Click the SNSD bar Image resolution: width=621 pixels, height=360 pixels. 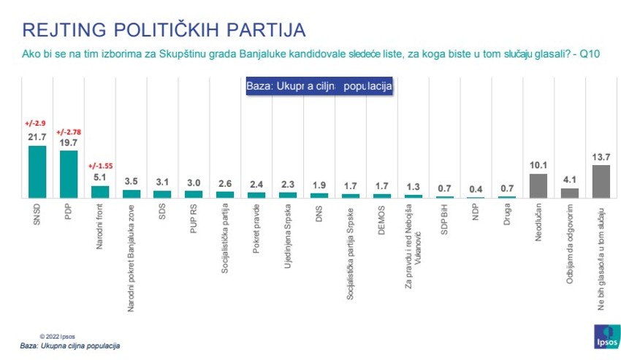point(37,172)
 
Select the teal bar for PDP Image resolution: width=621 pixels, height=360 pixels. point(69,175)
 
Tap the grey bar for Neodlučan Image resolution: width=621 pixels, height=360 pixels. point(538,186)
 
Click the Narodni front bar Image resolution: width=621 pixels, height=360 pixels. point(99,192)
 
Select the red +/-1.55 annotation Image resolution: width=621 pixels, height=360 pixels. point(99,164)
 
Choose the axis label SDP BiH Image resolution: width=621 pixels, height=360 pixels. point(445,220)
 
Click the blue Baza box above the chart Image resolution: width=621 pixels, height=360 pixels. point(318,85)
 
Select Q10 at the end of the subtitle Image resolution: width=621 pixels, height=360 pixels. point(590,55)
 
